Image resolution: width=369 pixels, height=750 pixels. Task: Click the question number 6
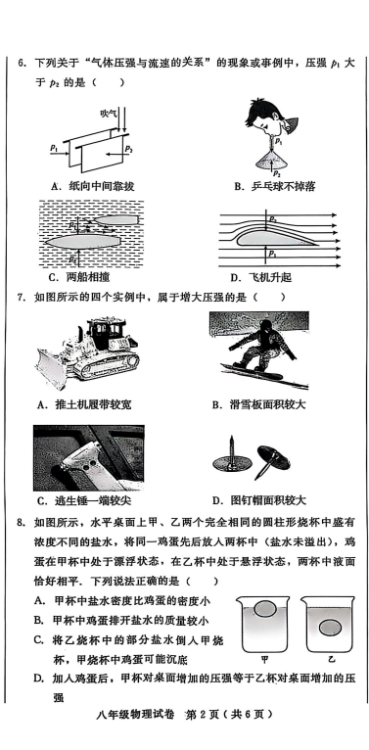[x=21, y=64]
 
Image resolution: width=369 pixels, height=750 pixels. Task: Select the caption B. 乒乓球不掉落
[x=274, y=186]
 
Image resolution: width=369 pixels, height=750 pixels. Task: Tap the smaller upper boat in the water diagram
[x=115, y=219]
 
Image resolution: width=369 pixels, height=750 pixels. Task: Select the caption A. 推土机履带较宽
[x=84, y=405]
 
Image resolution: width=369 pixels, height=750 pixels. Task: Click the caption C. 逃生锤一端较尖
[x=84, y=500]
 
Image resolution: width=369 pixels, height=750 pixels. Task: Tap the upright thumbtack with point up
[x=231, y=455]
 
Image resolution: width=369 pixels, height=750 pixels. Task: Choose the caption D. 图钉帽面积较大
[x=258, y=500]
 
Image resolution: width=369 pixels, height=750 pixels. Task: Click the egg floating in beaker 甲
[x=265, y=609]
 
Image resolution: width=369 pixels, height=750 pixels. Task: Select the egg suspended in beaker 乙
[x=329, y=627]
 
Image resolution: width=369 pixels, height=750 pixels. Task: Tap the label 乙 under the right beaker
[x=331, y=659]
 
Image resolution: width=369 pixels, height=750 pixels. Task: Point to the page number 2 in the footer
[x=202, y=714]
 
